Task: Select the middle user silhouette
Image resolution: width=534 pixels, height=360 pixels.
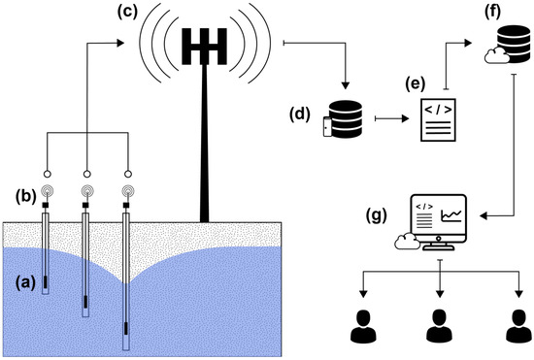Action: (x=440, y=325)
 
